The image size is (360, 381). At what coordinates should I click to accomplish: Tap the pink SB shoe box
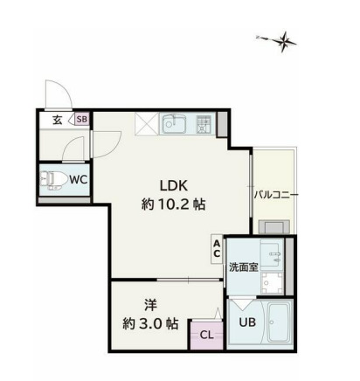[x=82, y=119]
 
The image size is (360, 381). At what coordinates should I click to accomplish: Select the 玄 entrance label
[x=58, y=120]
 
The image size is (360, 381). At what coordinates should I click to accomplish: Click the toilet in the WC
[x=50, y=180]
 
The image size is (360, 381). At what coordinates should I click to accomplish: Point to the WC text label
[x=79, y=180]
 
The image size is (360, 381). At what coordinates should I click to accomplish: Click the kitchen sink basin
[x=173, y=123]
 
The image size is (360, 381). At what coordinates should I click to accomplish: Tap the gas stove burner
[x=203, y=124]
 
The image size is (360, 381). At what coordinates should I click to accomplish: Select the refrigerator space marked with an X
[x=147, y=124]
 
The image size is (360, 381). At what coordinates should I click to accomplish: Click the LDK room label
[x=174, y=185]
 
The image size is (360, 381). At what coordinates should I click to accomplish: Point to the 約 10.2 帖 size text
[x=174, y=204]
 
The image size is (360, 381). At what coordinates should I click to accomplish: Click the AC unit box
[x=217, y=249]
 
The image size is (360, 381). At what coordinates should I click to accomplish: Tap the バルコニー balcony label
[x=276, y=195]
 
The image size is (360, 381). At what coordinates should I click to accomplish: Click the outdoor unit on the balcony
[x=274, y=227]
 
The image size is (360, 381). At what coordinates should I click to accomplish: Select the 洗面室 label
[x=244, y=267]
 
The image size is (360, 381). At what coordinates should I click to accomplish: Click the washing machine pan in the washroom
[x=272, y=283]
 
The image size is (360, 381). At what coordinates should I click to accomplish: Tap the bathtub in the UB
[x=279, y=322]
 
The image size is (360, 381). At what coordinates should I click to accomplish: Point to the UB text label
[x=247, y=322]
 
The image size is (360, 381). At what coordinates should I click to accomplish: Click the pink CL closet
[x=207, y=335]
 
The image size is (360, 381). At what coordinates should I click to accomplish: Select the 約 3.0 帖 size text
[x=150, y=323]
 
